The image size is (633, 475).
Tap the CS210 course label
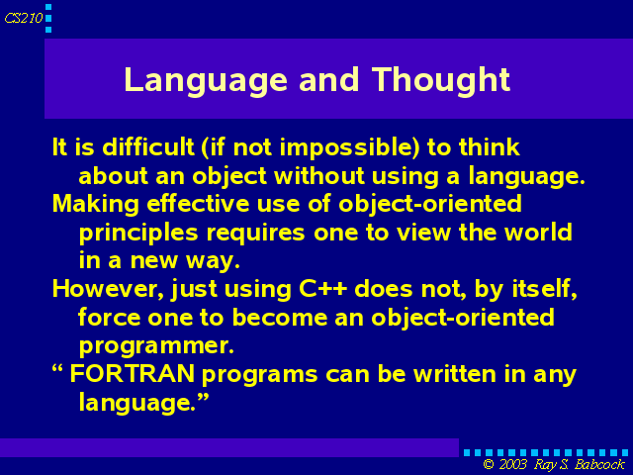pyautogui.click(x=24, y=18)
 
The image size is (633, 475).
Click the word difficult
pyautogui.click(x=148, y=146)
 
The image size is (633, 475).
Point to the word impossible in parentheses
pyautogui.click(x=350, y=147)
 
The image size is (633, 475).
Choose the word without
pyautogui.click(x=319, y=176)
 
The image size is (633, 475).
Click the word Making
pyautogui.click(x=96, y=205)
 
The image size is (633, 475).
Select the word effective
pyautogui.click(x=198, y=203)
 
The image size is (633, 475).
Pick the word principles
pyautogui.click(x=138, y=234)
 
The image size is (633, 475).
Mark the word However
pyautogui.click(x=108, y=289)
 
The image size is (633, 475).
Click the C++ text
pyautogui.click(x=323, y=289)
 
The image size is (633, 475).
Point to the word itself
pyautogui.click(x=545, y=289)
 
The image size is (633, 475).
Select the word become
pyautogui.click(x=280, y=317)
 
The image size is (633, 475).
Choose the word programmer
pyautogui.click(x=156, y=346)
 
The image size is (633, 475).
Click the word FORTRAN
pyautogui.click(x=133, y=374)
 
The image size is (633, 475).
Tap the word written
pyautogui.click(x=455, y=374)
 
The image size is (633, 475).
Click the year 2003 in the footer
pyautogui.click(x=512, y=464)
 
